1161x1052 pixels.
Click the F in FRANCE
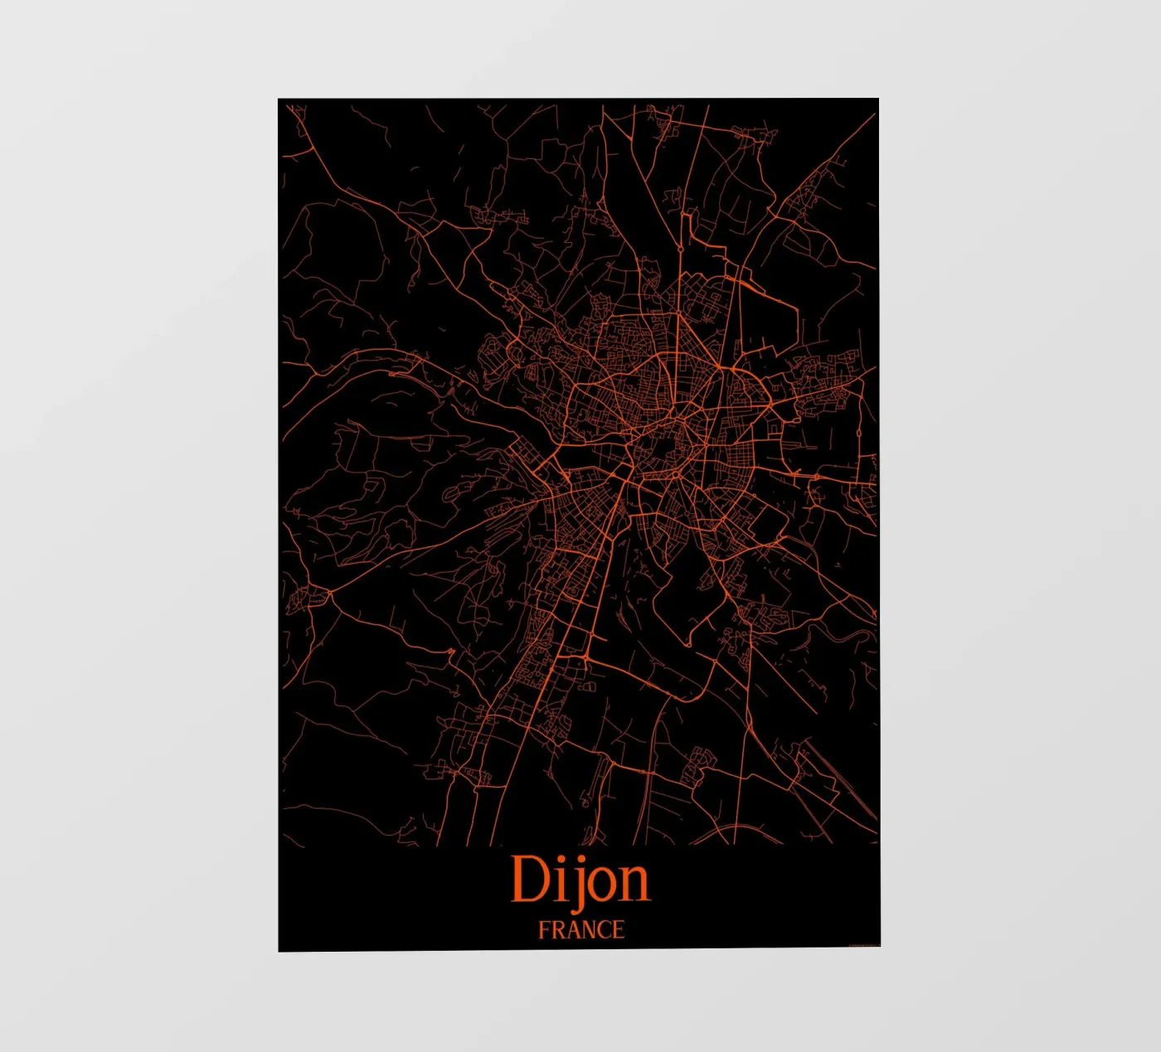pyautogui.click(x=544, y=930)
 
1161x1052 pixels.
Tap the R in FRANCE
pyautogui.click(x=557, y=930)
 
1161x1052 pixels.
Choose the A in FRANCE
pyautogui.click(x=571, y=930)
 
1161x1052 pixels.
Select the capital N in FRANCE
pyautogui.click(x=587, y=930)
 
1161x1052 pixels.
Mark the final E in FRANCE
pyautogui.click(x=618, y=930)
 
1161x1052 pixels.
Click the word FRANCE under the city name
pyautogui.click(x=580, y=930)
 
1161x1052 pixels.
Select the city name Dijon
pyautogui.click(x=580, y=880)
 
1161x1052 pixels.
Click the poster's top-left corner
pyautogui.click(x=279, y=99)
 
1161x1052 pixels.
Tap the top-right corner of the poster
pyautogui.click(x=878, y=99)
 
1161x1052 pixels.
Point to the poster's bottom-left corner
pyautogui.click(x=279, y=951)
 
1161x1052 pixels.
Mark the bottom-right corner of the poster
pyautogui.click(x=880, y=946)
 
